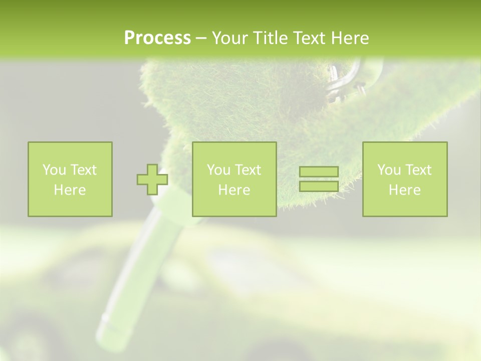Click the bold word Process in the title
[157, 38]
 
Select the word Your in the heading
[230, 38]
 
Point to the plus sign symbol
[152, 179]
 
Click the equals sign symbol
[319, 179]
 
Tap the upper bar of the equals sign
[319, 172]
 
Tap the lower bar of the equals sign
[319, 187]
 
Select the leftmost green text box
[70, 179]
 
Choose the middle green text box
[234, 179]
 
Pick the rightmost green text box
[404, 179]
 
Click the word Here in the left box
[70, 190]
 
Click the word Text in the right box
[419, 170]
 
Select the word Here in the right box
[404, 190]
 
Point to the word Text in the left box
[84, 170]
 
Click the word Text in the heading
[309, 38]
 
